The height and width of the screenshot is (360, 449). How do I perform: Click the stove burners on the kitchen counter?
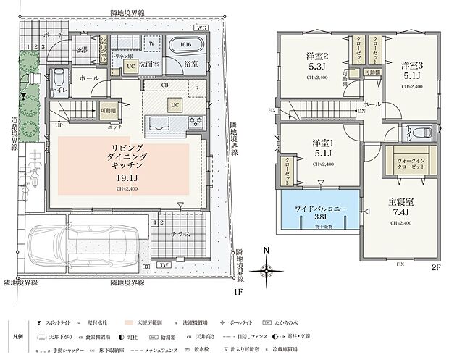click(x=195, y=120)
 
